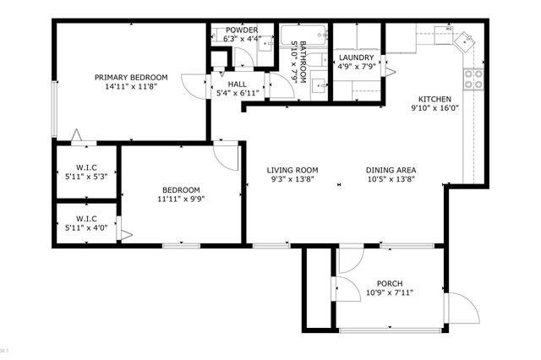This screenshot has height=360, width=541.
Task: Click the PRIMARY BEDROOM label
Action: (131, 77)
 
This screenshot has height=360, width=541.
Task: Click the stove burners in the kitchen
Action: (473, 79)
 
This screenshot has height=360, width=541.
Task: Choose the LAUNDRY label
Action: (356, 57)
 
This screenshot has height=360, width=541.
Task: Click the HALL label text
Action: (237, 84)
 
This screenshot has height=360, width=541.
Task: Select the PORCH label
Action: (390, 283)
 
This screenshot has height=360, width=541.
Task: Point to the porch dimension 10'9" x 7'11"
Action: (390, 293)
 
